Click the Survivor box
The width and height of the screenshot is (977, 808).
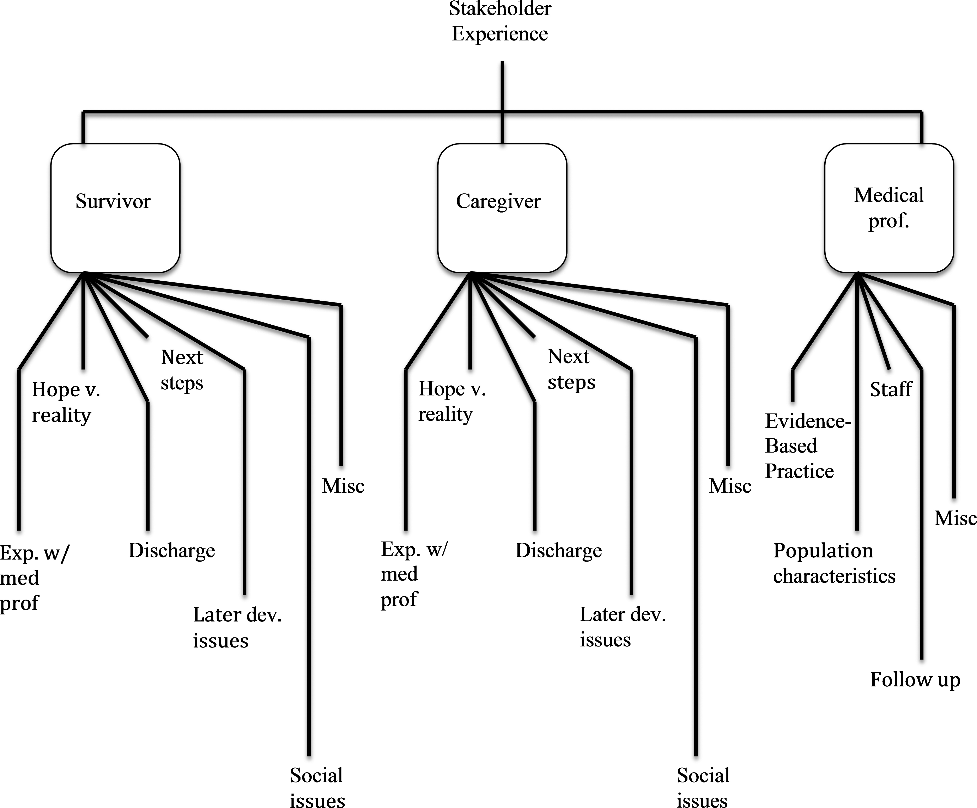tap(115, 208)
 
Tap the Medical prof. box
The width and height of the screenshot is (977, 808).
tap(889, 208)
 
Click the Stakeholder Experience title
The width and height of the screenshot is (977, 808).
tap(500, 21)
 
